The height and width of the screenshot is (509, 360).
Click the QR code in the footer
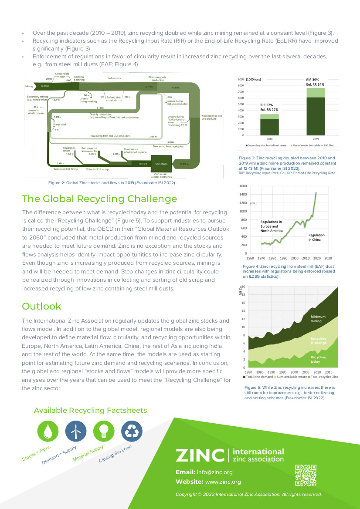pyautogui.click(x=306, y=475)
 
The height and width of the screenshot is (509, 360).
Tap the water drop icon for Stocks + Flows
pyautogui.click(x=48, y=431)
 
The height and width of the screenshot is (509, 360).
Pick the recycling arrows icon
pyautogui.click(x=131, y=431)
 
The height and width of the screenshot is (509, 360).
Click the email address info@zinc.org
pyautogui.click(x=214, y=472)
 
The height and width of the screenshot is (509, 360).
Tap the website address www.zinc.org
pyautogui.click(x=223, y=482)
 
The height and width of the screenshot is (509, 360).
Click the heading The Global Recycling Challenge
pyautogui.click(x=99, y=199)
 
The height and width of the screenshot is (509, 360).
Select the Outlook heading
pyautogui.click(x=42, y=306)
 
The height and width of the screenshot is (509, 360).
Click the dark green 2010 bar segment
pyautogui.click(x=269, y=127)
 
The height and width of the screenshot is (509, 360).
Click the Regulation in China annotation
pyautogui.click(x=316, y=237)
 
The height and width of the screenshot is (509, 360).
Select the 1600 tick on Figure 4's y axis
pyautogui.click(x=243, y=186)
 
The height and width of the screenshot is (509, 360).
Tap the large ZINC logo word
pyautogui.click(x=200, y=455)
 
